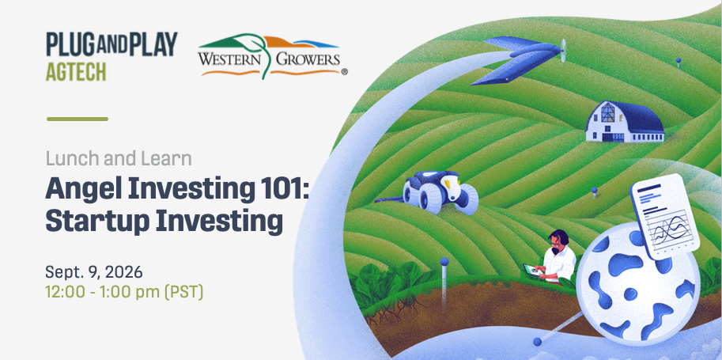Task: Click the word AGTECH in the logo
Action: click(x=76, y=71)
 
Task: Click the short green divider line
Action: click(x=77, y=119)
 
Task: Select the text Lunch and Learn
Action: click(x=119, y=158)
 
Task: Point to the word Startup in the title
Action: click(x=96, y=222)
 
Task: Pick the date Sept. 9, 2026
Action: click(x=94, y=272)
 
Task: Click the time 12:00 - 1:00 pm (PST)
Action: click(x=124, y=292)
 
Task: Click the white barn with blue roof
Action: click(x=625, y=122)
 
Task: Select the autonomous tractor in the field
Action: click(x=440, y=192)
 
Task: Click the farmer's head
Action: click(x=558, y=241)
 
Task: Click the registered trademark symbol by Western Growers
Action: click(x=345, y=72)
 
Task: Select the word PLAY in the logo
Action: click(x=153, y=44)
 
